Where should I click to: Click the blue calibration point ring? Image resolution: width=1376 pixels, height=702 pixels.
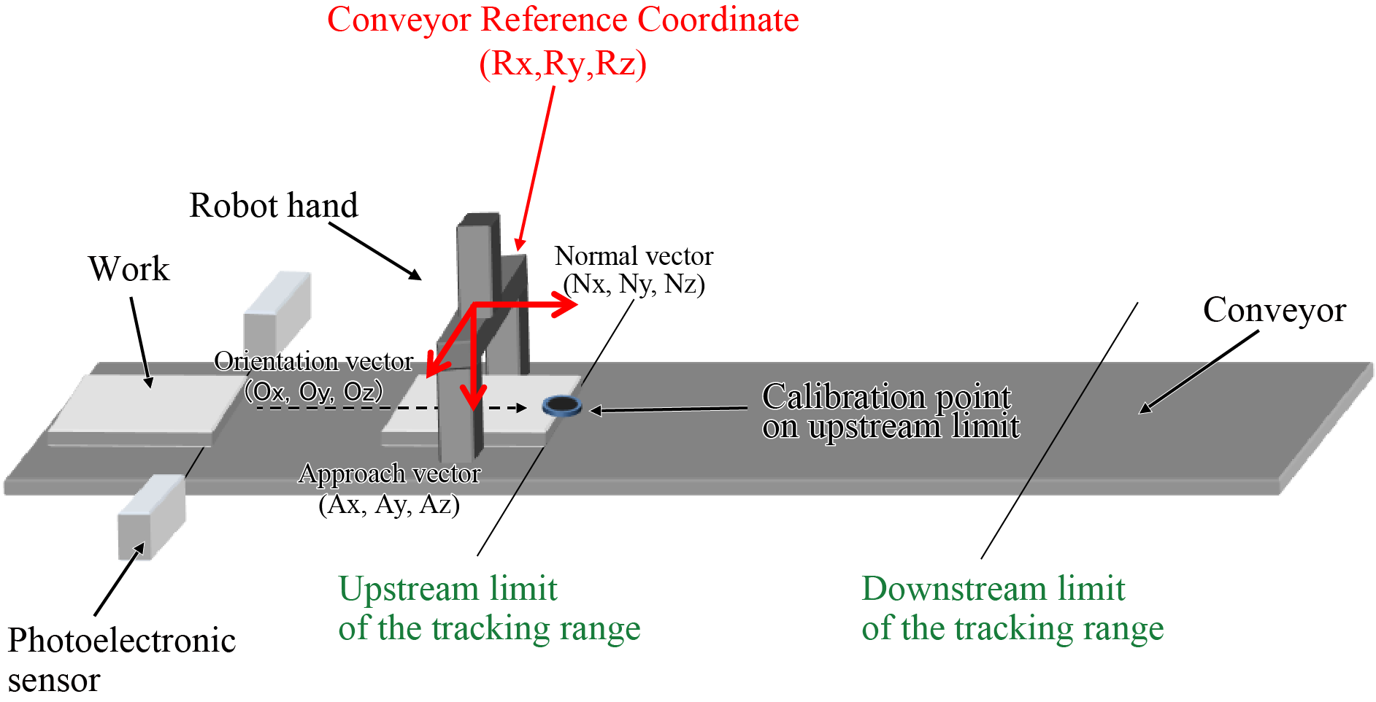click(562, 406)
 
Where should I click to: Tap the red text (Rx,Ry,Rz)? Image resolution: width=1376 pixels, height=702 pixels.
click(562, 63)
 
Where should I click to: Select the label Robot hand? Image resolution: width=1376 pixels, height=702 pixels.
click(274, 205)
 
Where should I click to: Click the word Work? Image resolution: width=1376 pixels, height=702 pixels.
click(128, 269)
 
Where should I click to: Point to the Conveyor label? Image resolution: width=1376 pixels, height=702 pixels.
click(1274, 310)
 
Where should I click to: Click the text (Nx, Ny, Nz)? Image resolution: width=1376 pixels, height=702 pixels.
click(634, 284)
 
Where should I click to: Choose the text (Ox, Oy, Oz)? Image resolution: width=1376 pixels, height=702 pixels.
click(314, 392)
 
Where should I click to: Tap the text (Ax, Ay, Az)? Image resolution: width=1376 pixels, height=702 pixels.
click(389, 504)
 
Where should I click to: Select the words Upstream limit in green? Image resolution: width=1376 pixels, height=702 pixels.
click(447, 588)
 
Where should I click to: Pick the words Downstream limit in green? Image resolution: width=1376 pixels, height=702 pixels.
click(993, 588)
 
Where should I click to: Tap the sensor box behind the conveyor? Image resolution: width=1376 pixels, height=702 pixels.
click(277, 311)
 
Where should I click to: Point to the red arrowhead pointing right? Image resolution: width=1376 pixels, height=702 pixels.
click(566, 305)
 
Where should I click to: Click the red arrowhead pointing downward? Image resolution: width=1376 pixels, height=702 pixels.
click(474, 398)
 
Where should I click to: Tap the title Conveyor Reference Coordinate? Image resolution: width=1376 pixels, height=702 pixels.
click(562, 20)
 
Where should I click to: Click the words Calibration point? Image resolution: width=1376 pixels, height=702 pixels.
click(886, 396)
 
